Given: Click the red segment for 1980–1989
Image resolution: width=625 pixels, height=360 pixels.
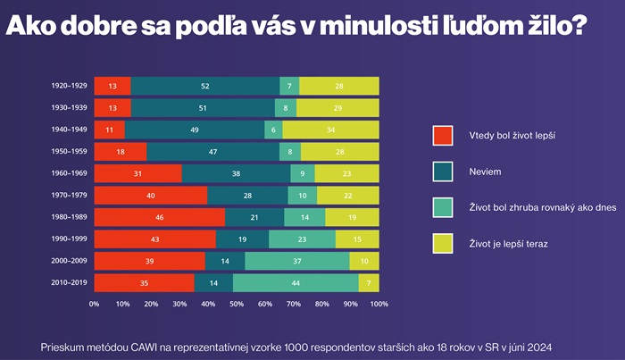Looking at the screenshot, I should [x=159, y=217].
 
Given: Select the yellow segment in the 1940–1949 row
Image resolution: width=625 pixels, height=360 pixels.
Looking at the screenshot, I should [x=330, y=130].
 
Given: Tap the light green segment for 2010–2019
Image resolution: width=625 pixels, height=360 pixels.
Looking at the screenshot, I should [x=296, y=282].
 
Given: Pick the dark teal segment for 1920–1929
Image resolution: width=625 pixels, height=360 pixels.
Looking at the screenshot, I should [x=204, y=86].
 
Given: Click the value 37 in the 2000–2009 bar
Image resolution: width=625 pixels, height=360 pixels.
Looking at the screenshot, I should [x=297, y=261].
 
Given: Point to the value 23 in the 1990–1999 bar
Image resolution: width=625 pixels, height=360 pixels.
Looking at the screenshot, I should [x=302, y=239].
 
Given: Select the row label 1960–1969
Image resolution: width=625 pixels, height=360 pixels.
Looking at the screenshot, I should [x=69, y=173].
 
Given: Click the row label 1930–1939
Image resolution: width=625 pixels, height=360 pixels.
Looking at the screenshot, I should [x=69, y=108].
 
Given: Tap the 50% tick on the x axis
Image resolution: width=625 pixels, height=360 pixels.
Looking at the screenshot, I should [x=237, y=305].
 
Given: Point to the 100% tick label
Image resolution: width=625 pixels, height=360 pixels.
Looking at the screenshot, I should [x=379, y=305].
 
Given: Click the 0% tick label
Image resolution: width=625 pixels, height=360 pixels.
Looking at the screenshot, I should [x=94, y=305].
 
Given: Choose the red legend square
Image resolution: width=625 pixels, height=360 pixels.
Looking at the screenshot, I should [x=443, y=136].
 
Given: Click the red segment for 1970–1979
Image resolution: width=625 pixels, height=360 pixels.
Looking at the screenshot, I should [x=150, y=195].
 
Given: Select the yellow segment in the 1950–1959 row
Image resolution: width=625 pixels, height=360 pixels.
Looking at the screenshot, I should [x=339, y=152].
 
